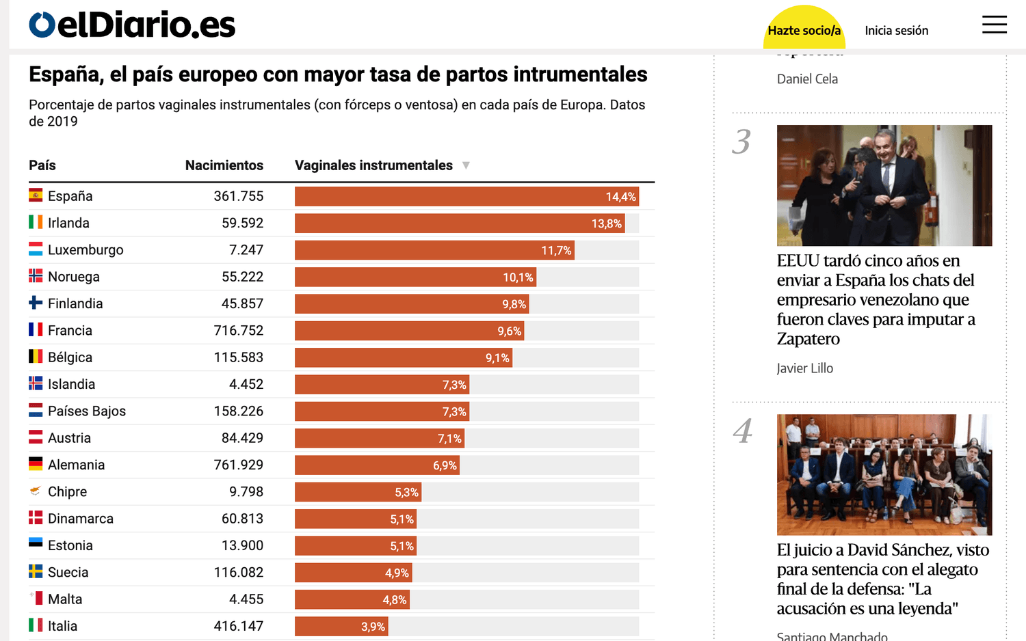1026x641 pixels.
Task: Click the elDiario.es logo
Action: (132, 24)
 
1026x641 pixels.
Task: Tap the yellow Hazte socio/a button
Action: (804, 29)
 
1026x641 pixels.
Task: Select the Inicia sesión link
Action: (896, 31)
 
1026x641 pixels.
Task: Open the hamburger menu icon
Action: (995, 25)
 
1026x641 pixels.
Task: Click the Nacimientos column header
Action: (224, 165)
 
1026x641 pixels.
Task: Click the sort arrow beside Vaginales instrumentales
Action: (466, 165)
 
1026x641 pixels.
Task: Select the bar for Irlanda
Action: (460, 223)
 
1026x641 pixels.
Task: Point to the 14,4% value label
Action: (620, 197)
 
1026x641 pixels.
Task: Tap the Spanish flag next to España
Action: (36, 195)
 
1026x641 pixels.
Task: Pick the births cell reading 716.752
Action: (239, 330)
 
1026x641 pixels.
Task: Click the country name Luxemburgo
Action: (85, 250)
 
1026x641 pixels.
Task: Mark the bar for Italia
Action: (342, 627)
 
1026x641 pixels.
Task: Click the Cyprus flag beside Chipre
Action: (36, 491)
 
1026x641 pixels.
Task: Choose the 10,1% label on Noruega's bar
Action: (518, 277)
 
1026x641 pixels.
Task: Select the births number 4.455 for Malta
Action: (246, 599)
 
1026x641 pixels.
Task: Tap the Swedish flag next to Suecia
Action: (36, 571)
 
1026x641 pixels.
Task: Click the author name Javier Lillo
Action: (805, 368)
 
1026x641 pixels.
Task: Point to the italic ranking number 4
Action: (742, 431)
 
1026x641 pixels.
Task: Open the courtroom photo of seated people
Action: (884, 475)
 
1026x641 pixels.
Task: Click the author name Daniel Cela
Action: (808, 79)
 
